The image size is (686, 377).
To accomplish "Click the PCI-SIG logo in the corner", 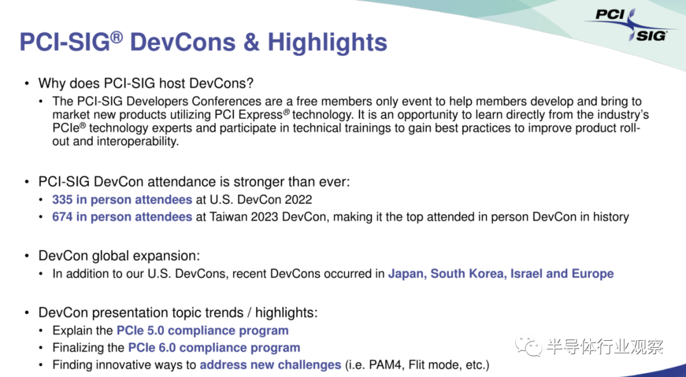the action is [630, 25].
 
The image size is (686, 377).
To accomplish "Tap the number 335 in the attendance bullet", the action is [62, 199].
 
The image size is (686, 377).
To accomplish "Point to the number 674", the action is [62, 217].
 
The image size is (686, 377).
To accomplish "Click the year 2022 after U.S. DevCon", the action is [299, 199].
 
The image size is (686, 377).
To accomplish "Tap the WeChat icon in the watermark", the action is [528, 345].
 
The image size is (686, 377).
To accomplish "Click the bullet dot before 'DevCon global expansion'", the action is [27, 256].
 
